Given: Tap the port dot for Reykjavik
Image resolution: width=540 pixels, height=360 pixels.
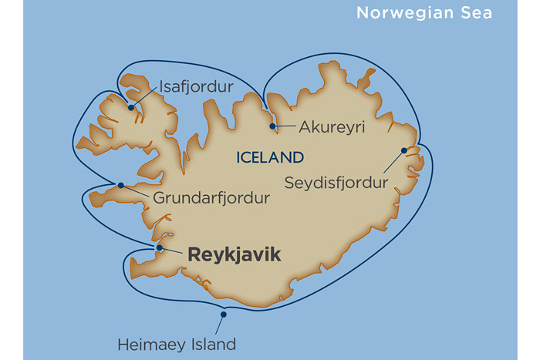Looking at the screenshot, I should [x=160, y=247].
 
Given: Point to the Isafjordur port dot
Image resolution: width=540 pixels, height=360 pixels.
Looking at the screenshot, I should [x=131, y=107].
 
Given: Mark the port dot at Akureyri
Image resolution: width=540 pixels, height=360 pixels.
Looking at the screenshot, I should [x=272, y=126].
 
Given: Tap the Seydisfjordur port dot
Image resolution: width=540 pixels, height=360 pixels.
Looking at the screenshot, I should [x=403, y=151].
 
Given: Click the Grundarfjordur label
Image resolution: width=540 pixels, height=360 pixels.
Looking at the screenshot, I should [x=211, y=198].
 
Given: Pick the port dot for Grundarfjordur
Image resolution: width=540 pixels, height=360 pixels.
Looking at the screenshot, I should [x=120, y=185].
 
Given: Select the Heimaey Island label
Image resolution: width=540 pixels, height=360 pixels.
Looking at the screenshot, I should [x=177, y=344].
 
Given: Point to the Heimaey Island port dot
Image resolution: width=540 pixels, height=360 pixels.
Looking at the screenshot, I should [x=223, y=314].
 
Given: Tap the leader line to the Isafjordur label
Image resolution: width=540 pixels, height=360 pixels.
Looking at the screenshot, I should [x=145, y=96].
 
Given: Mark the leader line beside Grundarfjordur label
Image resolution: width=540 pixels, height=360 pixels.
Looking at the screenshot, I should [x=137, y=191].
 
